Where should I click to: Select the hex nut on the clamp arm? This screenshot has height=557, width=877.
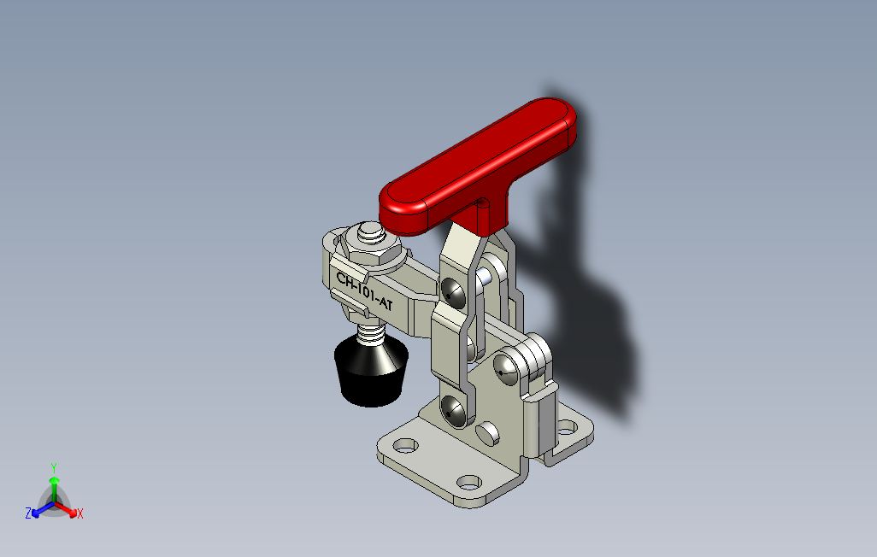click(x=371, y=249)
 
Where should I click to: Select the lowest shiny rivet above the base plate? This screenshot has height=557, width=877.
click(x=452, y=412)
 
